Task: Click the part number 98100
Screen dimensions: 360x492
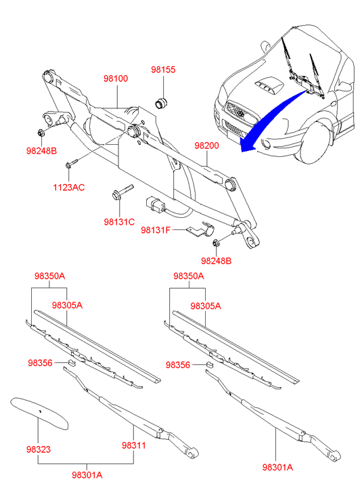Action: (x=116, y=78)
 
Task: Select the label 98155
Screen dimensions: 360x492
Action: (x=163, y=69)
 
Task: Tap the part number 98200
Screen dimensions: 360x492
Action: (x=206, y=146)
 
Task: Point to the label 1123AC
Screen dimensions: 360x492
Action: (x=69, y=187)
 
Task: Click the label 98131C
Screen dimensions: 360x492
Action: (x=119, y=222)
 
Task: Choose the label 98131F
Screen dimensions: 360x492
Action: (x=156, y=230)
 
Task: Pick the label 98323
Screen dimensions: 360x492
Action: (x=39, y=449)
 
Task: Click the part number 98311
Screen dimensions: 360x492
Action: (x=134, y=445)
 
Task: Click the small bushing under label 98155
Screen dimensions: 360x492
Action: (x=162, y=103)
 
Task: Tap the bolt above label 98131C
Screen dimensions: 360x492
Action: (x=122, y=191)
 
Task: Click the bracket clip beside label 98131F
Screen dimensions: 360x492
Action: (x=200, y=229)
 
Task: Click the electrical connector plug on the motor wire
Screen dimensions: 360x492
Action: (x=153, y=205)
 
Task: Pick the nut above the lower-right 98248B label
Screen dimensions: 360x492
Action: (x=216, y=243)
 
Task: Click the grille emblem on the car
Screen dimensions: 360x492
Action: (x=241, y=113)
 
